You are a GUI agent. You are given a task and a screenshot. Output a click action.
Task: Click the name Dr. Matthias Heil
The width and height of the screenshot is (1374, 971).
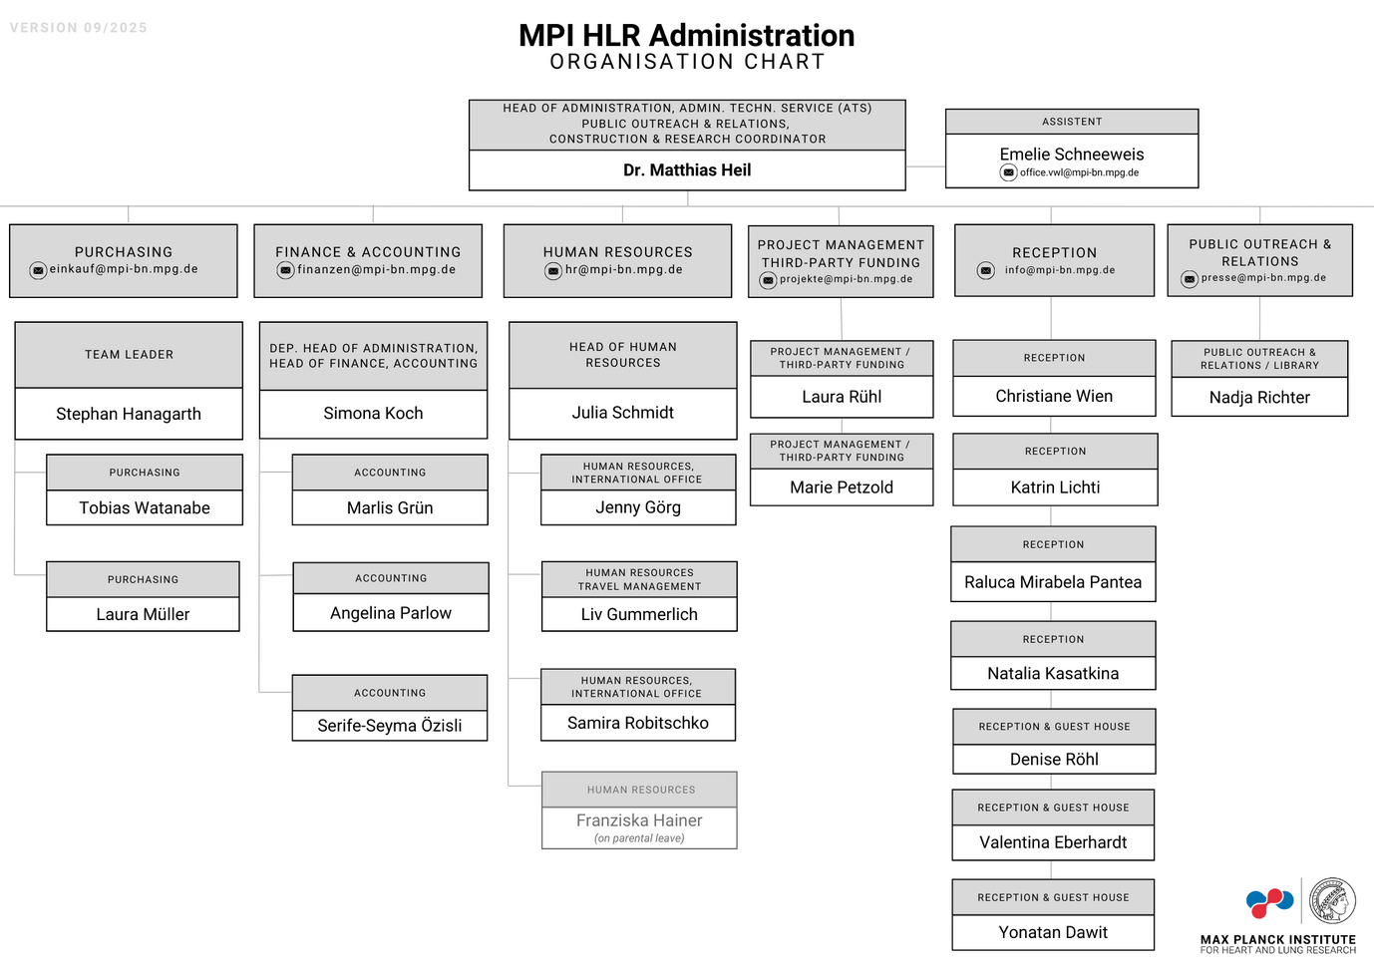[x=687, y=170]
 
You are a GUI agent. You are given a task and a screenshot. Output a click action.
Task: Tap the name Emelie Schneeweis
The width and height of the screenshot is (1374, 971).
[x=1072, y=155]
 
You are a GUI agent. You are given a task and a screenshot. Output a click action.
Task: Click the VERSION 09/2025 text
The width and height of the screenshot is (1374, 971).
[x=79, y=28]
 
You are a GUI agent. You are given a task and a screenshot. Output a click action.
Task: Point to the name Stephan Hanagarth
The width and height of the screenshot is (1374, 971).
[x=129, y=414]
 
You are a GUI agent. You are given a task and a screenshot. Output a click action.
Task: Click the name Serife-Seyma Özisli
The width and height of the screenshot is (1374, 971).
[x=390, y=726]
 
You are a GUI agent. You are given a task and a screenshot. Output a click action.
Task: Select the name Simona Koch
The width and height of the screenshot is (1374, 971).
[x=373, y=413]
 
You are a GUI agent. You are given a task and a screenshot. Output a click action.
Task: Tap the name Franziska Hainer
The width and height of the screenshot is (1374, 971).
[x=639, y=820]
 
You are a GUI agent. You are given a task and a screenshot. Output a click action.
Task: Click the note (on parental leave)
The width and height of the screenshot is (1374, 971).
[x=639, y=838]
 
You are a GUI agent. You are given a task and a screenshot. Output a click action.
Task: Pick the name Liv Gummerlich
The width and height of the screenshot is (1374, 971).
[x=639, y=614]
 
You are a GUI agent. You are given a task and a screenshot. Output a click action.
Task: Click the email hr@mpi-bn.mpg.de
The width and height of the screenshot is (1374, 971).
[x=623, y=269]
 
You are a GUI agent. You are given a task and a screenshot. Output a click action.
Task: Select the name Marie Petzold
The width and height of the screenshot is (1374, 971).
[x=842, y=487]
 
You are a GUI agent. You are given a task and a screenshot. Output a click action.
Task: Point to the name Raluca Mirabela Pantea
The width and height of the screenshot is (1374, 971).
[x=1053, y=582]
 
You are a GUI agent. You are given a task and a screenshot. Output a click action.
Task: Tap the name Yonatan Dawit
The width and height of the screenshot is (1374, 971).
[x=1053, y=932]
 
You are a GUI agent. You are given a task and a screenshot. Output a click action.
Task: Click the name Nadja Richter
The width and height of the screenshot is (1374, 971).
[x=1259, y=398]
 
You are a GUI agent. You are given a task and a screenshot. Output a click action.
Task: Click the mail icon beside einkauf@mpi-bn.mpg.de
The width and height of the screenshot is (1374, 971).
[x=38, y=270]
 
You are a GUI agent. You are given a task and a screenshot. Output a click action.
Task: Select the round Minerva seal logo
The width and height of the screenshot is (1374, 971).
[x=1331, y=901]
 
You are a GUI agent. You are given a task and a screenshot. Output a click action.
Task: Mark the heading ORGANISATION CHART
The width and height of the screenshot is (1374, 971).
[x=687, y=62]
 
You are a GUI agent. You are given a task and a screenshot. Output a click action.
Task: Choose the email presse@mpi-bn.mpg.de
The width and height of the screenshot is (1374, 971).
[x=1263, y=278]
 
